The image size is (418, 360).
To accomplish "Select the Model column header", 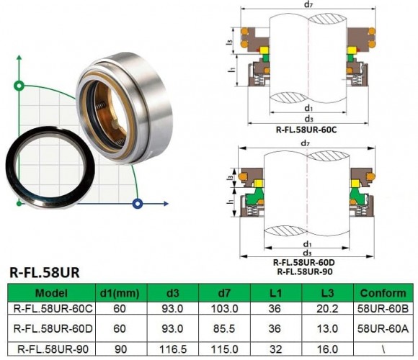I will tap(50, 293).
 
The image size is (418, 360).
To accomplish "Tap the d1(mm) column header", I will tap(118, 293).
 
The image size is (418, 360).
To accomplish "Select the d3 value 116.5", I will tap(172, 348).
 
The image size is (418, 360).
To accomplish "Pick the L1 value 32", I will tap(275, 348).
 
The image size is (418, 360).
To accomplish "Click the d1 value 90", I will tap(118, 348).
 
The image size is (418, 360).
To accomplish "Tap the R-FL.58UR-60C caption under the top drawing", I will tap(308, 130).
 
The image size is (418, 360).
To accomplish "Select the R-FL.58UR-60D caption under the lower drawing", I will tap(308, 262).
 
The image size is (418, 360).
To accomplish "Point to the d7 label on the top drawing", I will tap(308, 5).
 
